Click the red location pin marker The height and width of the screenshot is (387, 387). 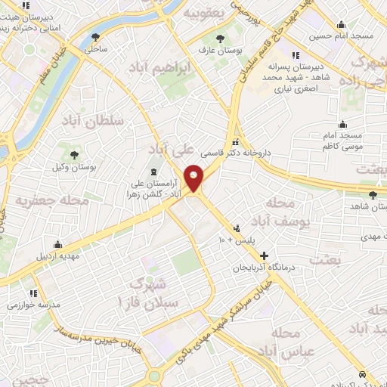[194, 177]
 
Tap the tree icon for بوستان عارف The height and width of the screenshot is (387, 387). [220, 39]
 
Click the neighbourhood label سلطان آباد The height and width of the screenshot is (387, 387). [92, 121]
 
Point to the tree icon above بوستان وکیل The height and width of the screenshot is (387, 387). [75, 156]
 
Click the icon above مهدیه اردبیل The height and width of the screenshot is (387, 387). [57, 244]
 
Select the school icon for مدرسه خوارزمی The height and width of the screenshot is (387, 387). [33, 293]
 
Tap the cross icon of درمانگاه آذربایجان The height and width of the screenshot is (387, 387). [264, 255]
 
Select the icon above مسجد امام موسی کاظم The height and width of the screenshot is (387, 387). [342, 124]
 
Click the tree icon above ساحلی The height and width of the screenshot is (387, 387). [95, 37]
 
